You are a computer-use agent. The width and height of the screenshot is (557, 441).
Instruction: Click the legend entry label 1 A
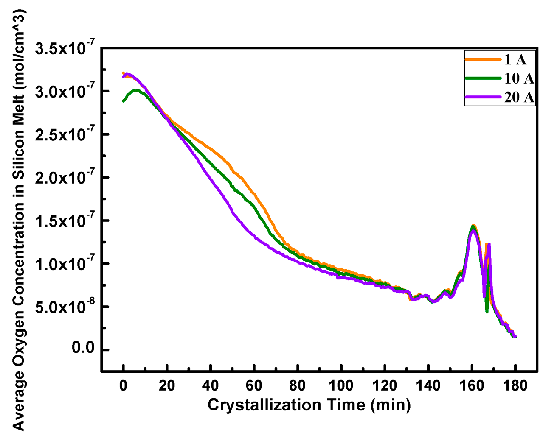[515, 60]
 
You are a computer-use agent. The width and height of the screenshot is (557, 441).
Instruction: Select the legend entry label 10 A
[519, 78]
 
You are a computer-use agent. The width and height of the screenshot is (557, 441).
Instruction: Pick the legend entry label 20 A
[519, 97]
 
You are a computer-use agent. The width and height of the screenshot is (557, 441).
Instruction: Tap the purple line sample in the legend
[483, 97]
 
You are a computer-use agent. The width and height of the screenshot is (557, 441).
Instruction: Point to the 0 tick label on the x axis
[124, 385]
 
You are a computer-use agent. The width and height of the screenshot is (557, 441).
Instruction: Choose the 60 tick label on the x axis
[254, 385]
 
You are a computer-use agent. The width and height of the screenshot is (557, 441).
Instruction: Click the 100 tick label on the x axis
[341, 385]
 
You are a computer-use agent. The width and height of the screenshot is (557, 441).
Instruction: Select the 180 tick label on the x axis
[515, 385]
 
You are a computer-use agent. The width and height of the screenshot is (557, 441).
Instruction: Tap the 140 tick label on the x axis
[428, 385]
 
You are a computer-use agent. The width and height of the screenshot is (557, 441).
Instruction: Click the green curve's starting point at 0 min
[124, 101]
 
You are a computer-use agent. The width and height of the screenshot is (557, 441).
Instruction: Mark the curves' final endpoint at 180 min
[515, 336]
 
